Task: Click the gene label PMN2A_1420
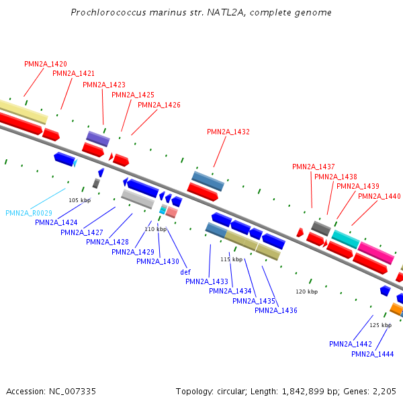46,64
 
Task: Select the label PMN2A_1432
228,132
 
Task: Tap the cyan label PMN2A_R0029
29,213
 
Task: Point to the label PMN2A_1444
372,354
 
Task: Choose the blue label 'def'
185,272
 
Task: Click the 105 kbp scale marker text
79,200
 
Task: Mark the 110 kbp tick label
155,229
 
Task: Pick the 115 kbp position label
231,259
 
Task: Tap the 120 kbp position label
306,292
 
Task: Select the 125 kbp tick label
380,325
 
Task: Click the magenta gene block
375,253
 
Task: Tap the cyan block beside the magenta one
346,239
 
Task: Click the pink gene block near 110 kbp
172,212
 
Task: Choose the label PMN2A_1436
275,310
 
